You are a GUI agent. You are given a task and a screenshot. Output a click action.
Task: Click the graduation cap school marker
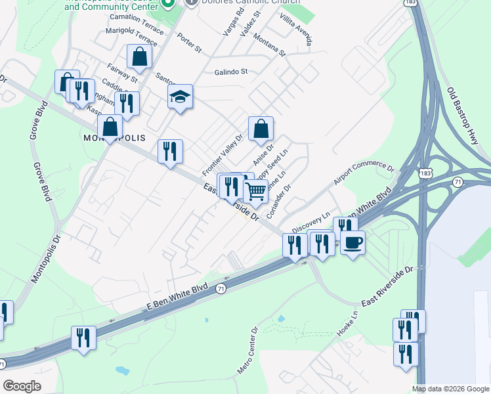coord(180,97)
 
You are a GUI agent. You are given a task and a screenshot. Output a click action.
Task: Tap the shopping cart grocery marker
coord(255,192)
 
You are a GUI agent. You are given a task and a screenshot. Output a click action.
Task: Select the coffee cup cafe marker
coord(352,243)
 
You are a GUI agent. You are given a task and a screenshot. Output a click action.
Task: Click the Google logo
coord(22,386)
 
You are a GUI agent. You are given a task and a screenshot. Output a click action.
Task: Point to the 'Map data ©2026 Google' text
coord(450,389)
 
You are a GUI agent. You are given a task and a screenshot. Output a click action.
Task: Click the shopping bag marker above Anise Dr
coord(261,129)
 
